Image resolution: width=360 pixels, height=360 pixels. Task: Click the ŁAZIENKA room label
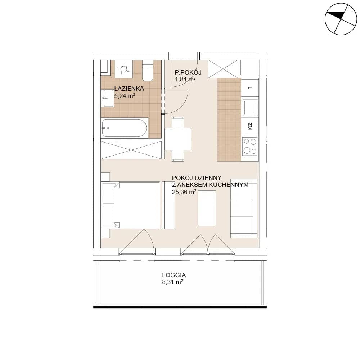click(129, 89)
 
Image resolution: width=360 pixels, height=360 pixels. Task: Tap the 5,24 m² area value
click(125, 96)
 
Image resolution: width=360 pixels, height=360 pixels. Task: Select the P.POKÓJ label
click(188, 72)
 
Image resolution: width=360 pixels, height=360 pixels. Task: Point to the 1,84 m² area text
click(185, 80)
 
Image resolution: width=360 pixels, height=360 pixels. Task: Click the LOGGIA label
click(174, 275)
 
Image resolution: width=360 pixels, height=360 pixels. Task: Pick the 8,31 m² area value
click(173, 282)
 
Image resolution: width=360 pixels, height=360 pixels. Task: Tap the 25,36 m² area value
click(184, 192)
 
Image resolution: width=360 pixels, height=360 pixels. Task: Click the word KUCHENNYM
click(230, 185)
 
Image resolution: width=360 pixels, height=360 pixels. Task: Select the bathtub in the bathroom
click(124, 128)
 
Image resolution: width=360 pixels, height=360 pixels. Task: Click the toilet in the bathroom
click(148, 71)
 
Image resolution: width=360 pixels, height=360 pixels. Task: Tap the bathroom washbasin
click(107, 98)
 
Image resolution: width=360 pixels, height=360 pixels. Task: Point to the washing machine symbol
click(124, 69)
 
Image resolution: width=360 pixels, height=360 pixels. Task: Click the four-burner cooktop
click(250, 146)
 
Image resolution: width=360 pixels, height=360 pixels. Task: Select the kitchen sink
click(250, 107)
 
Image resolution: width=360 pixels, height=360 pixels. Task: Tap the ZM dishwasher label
click(250, 126)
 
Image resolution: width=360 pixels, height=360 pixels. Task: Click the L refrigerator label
click(250, 88)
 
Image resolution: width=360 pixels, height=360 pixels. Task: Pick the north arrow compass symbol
click(341, 19)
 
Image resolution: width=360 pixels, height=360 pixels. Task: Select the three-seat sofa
click(244, 208)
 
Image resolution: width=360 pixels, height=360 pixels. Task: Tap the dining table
click(178, 139)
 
